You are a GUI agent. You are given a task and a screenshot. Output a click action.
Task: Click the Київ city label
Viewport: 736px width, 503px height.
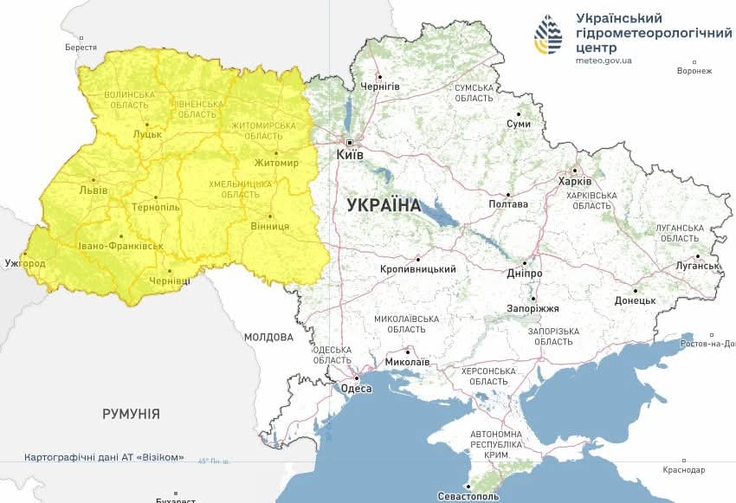[x=350, y=155]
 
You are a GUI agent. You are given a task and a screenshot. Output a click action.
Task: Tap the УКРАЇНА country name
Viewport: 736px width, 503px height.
[x=383, y=206]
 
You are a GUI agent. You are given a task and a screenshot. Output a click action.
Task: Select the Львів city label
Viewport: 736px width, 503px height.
[x=93, y=190]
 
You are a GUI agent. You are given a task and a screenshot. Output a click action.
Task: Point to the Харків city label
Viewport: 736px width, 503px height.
[x=575, y=182]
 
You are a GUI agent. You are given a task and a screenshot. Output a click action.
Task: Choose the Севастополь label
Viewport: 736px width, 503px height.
[x=468, y=497]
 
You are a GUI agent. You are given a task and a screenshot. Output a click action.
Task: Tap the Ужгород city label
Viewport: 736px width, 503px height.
[x=23, y=262]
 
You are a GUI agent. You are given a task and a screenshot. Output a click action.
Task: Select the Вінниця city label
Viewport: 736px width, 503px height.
[x=271, y=226]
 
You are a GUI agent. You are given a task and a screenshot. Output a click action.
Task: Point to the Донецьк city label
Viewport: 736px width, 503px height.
[x=635, y=300]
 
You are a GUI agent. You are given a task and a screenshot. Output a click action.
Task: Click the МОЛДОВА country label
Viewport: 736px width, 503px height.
[x=268, y=337]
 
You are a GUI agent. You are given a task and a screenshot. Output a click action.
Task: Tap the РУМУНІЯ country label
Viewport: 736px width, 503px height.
[x=131, y=414]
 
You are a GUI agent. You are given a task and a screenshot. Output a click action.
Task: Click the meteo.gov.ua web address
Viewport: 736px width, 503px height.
[x=604, y=61]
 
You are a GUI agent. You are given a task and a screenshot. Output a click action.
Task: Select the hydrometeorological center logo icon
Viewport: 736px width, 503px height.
[x=547, y=35]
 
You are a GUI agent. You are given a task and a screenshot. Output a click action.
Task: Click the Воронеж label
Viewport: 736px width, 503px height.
[x=694, y=71]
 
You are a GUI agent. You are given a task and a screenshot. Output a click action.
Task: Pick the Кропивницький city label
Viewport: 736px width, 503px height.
[x=418, y=269]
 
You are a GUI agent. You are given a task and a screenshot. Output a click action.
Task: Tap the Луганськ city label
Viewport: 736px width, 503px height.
[x=698, y=266]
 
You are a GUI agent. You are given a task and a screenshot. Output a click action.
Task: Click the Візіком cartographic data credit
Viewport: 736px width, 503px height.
[x=104, y=457]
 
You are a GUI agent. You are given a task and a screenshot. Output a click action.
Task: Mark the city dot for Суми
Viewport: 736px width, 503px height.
[x=519, y=113]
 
